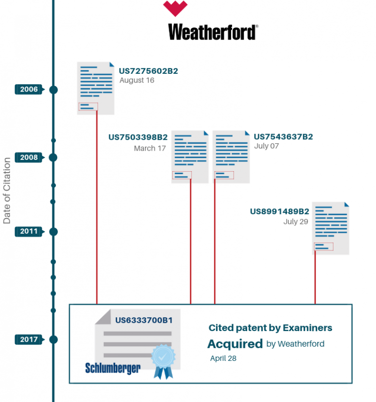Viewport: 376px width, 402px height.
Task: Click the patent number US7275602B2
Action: click(x=148, y=71)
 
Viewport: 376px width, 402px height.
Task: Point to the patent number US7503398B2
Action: click(x=138, y=137)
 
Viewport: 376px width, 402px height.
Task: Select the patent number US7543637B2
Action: click(x=283, y=137)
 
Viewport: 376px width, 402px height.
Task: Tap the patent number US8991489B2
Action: click(x=280, y=212)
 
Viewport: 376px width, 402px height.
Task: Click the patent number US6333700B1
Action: click(x=144, y=320)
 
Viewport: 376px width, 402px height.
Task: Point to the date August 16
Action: click(x=137, y=81)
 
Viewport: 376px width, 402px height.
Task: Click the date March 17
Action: click(x=150, y=148)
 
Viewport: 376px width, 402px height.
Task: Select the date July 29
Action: click(x=296, y=222)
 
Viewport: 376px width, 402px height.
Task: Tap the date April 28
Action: click(x=223, y=358)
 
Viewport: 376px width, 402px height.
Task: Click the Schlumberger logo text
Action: click(x=113, y=368)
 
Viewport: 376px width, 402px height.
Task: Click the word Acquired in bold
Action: click(x=235, y=344)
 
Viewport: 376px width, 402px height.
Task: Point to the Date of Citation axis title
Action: click(x=7, y=191)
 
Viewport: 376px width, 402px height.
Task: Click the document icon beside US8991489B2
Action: click(x=331, y=228)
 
